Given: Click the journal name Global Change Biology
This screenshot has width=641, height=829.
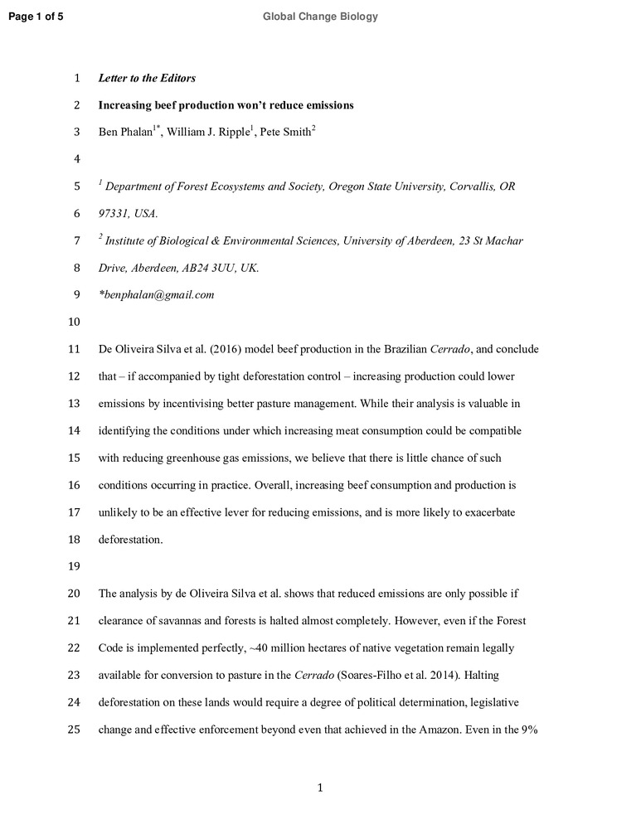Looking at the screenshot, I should click(320, 17).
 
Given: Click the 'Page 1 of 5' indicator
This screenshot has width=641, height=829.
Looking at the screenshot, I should click(35, 17).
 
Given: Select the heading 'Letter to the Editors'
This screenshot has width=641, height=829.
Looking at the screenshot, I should click(147, 79).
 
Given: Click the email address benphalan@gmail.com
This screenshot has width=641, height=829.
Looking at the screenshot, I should click(157, 295).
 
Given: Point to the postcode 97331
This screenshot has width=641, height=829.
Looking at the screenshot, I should click(114, 214).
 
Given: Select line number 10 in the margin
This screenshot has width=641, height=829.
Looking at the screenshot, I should click(73, 322).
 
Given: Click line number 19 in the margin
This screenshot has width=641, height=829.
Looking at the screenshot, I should click(73, 567).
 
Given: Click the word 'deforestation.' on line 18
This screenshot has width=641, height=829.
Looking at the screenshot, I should click(131, 540).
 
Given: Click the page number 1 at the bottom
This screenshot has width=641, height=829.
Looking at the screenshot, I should click(320, 788).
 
